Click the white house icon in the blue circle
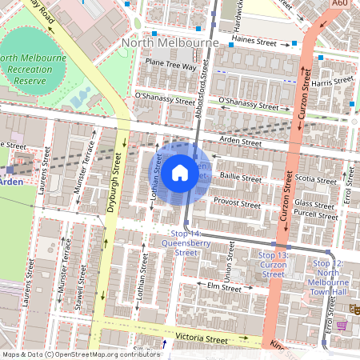pos(180,173)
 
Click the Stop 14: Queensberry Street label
pos(179,242)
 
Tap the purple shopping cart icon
pos(342,326)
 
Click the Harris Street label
pos(332,82)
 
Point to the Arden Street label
pos(241,142)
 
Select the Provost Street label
pos(237,204)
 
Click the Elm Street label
pos(224,286)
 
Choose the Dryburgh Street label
pos(113,184)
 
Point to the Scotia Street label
pos(316,179)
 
